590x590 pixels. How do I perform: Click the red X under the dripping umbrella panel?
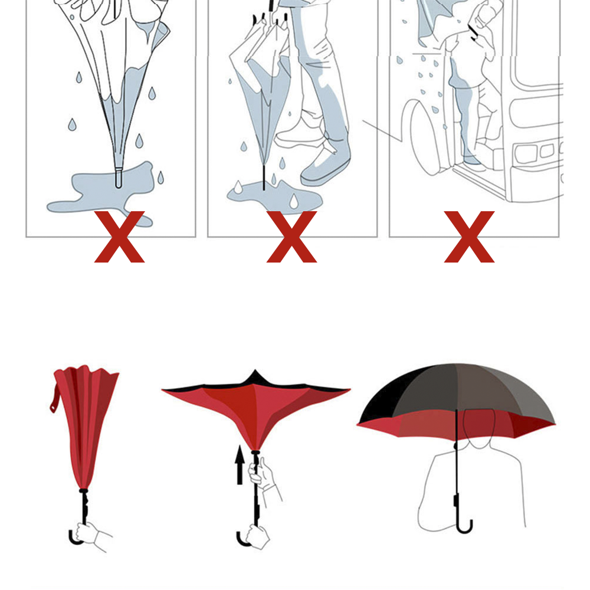[x=119, y=237]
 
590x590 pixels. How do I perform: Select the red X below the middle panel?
[x=291, y=237]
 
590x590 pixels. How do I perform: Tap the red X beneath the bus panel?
[x=469, y=237]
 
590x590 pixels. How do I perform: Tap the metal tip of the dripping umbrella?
[x=118, y=178]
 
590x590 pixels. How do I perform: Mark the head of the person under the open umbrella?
[x=479, y=428]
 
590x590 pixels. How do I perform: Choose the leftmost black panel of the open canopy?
[x=386, y=401]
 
